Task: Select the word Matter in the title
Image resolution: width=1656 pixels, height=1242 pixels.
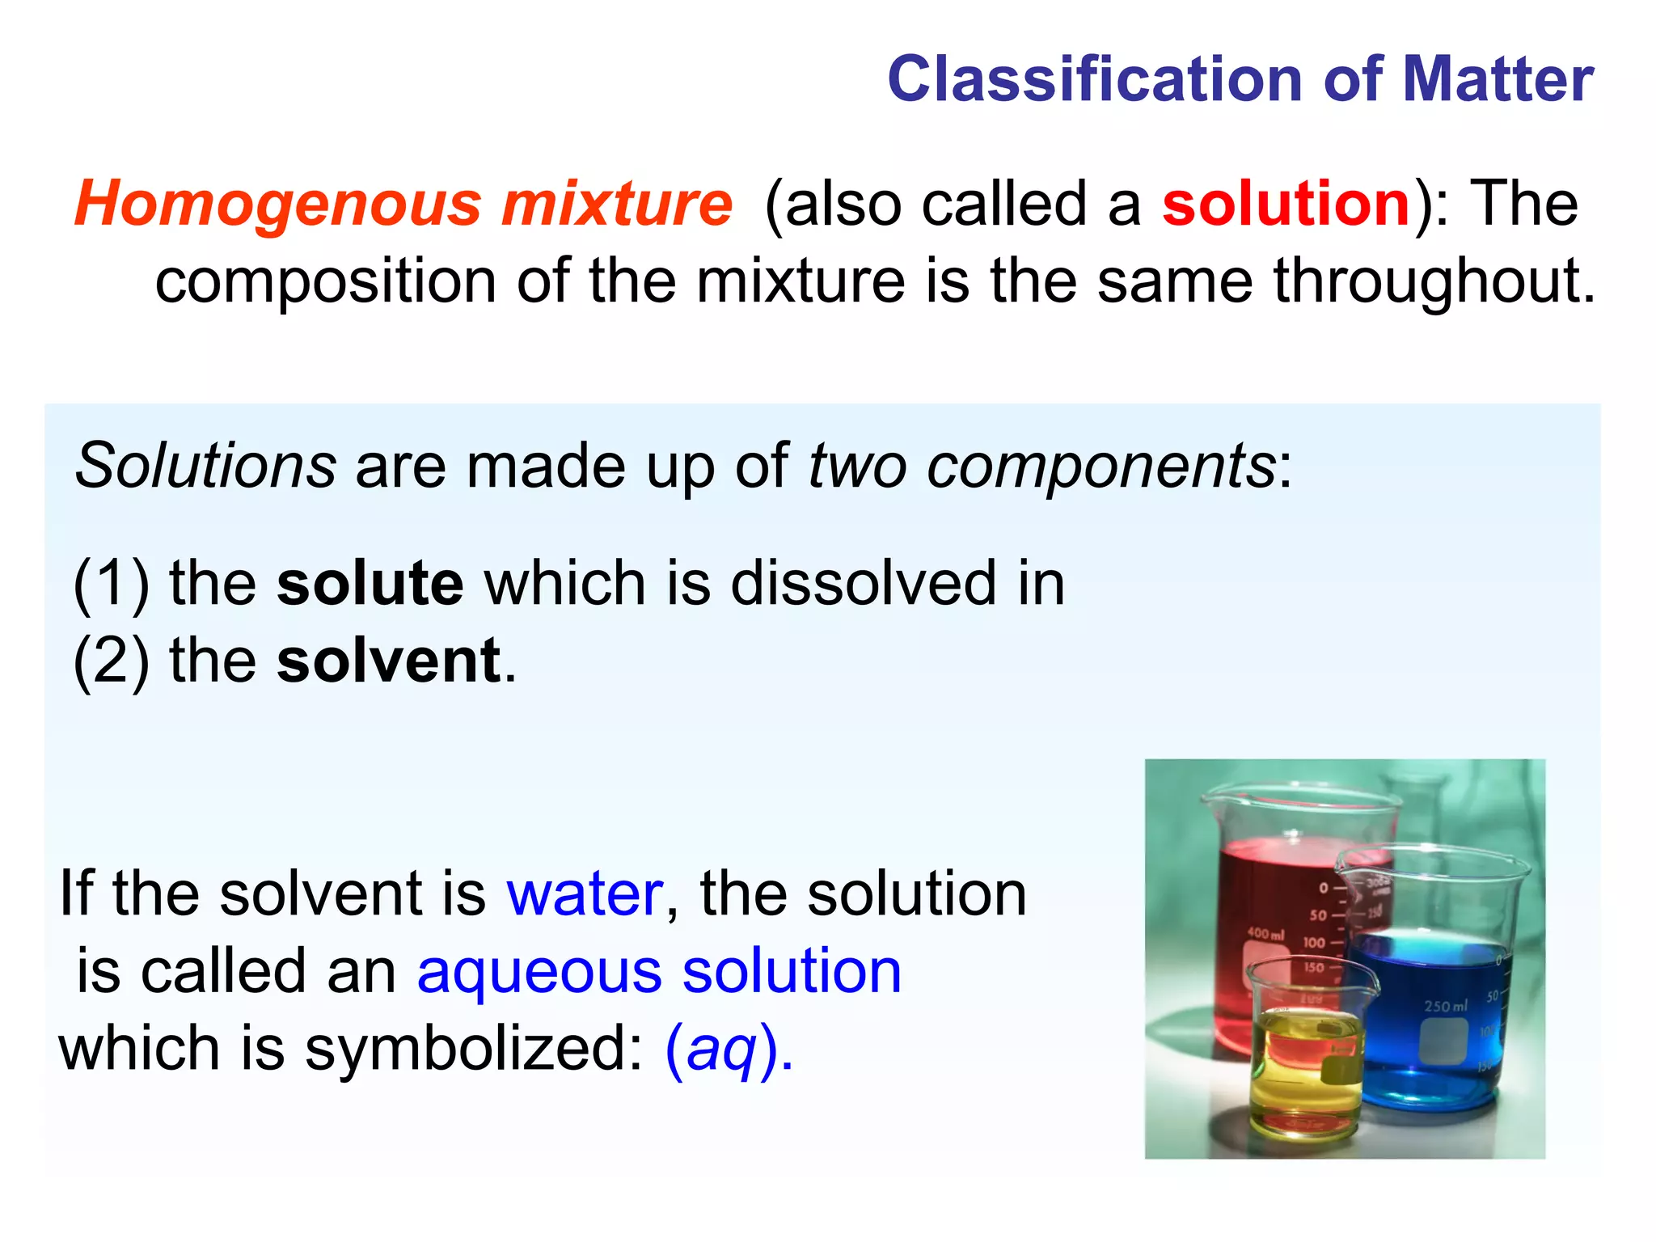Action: pos(1498,79)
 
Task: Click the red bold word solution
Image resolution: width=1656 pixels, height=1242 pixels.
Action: pos(1286,203)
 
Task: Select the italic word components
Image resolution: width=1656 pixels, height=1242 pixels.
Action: pos(1100,467)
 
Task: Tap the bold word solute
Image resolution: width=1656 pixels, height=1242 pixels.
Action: pos(370,583)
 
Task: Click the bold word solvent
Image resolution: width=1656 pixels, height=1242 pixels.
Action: pos(389,661)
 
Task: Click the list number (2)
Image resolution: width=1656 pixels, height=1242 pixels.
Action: pos(111,661)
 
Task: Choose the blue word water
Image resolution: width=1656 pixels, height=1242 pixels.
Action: pos(585,893)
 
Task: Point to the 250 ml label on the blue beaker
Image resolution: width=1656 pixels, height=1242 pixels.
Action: pos(1445,1006)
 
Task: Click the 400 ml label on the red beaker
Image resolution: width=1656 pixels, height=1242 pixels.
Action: pos(1265,933)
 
